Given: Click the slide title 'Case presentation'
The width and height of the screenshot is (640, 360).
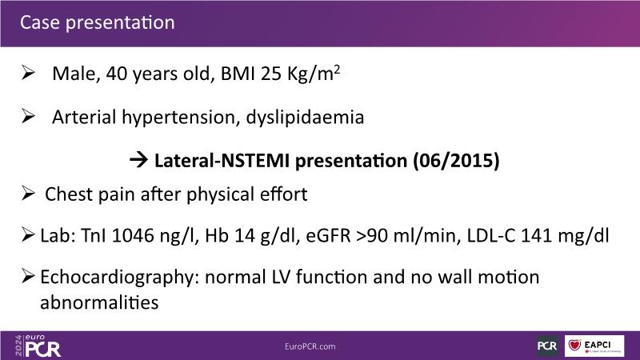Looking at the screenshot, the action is click(97, 23).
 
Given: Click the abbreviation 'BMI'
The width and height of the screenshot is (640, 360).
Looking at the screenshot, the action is click(238, 74).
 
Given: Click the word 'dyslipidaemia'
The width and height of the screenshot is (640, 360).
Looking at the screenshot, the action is click(305, 118).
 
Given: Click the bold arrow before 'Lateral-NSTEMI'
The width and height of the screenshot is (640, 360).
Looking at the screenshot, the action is click(138, 160).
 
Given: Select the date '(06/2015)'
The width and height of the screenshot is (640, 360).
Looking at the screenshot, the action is click(456, 161).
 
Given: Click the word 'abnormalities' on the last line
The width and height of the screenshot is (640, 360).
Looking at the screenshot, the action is click(99, 303).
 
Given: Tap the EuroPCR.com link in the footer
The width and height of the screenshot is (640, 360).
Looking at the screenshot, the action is click(310, 346).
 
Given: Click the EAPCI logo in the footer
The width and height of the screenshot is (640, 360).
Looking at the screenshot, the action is click(594, 346).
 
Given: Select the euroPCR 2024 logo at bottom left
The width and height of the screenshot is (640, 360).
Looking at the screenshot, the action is click(38, 346).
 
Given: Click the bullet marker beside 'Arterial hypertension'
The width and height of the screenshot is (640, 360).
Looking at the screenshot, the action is click(28, 116).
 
